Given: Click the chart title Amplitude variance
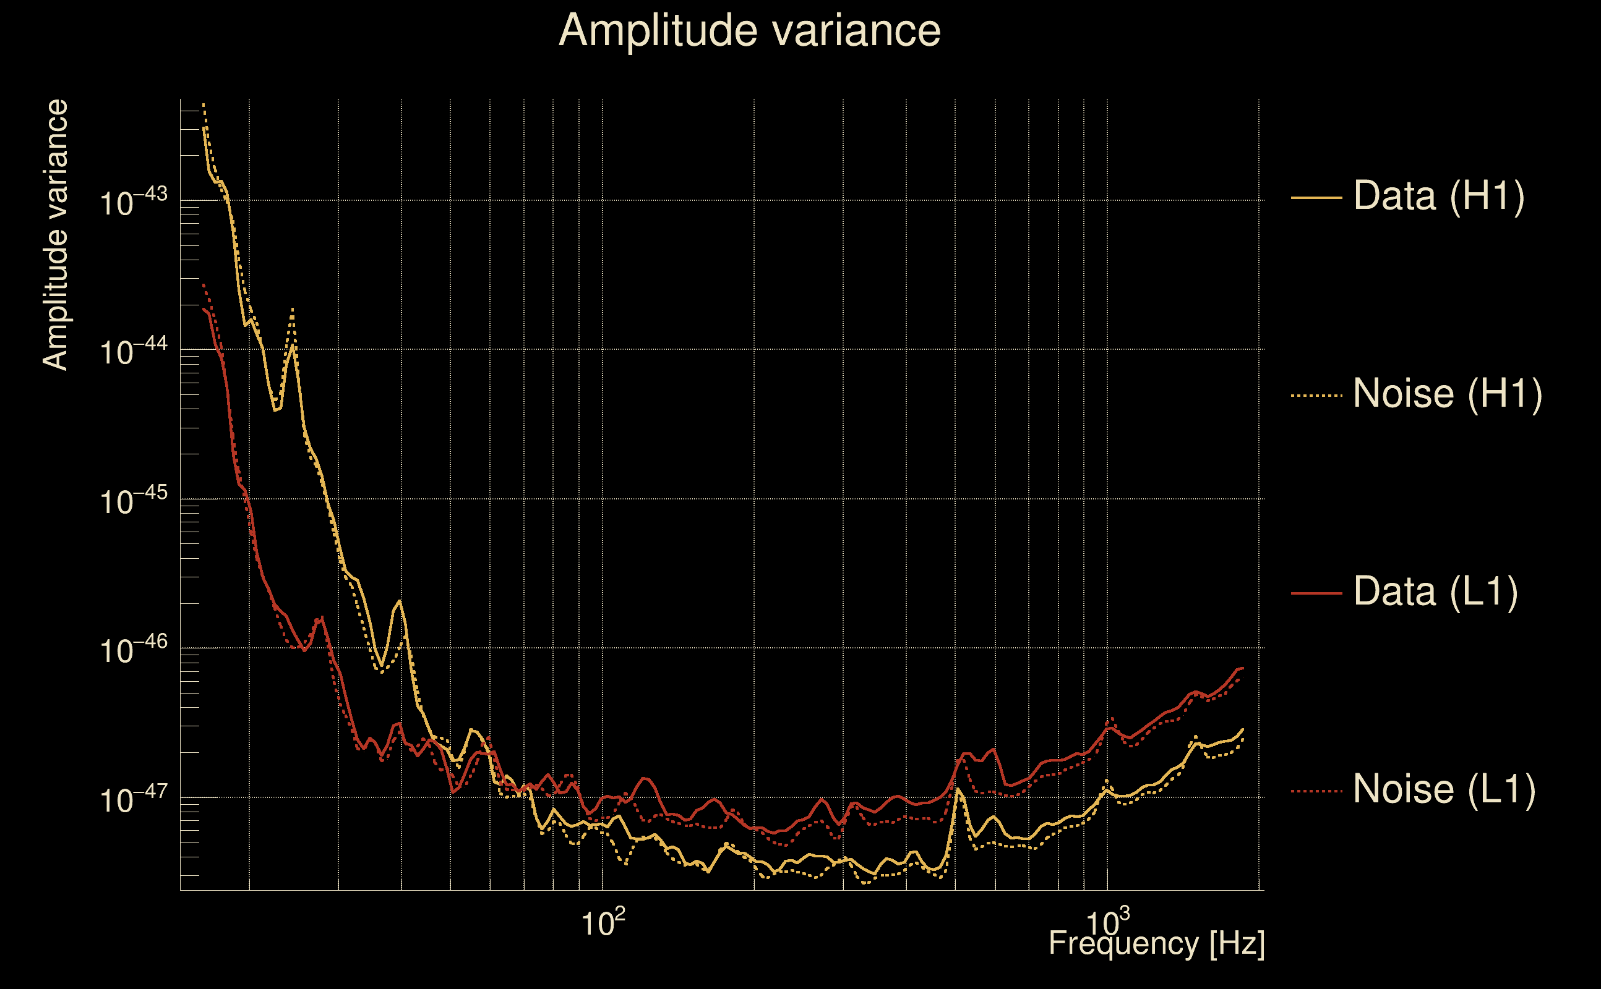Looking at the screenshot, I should (749, 31).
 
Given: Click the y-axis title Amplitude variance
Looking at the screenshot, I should (56, 235).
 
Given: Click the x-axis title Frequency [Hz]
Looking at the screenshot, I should (1156, 943).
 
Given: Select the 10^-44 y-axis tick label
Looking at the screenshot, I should (134, 351).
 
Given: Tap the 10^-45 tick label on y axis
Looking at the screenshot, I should (134, 501).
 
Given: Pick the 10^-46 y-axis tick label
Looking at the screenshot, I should (134, 650).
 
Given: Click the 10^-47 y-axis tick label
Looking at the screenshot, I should (134, 799).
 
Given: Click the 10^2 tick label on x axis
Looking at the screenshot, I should (603, 922).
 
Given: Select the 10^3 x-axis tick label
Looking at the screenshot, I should (1107, 922).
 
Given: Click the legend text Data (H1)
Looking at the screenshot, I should (1439, 195).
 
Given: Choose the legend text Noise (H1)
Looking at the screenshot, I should (1447, 394).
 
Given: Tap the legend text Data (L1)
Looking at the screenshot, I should (1435, 592).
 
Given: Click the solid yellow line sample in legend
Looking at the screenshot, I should (1316, 197).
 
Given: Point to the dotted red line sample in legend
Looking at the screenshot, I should (1316, 791).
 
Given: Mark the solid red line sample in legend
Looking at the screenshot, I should (1316, 593).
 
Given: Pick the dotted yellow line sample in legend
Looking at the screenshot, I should (1316, 396).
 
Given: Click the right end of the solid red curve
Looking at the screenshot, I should (1242, 668).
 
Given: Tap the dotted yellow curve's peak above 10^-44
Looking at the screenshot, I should (293, 308).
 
